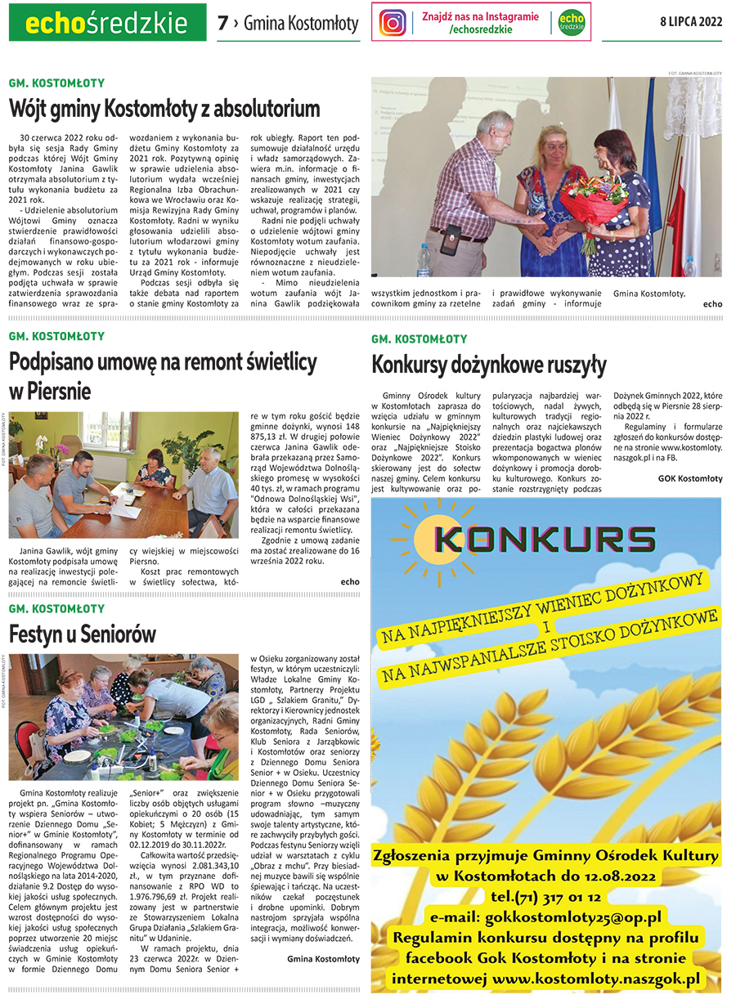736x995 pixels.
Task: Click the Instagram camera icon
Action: point(393,23)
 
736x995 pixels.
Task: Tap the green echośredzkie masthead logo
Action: point(107,22)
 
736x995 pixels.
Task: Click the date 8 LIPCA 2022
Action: point(691,23)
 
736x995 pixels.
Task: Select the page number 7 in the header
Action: point(222,24)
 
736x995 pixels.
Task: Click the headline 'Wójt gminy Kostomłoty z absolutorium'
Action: point(164,108)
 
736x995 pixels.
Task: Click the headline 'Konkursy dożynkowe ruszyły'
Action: point(489,364)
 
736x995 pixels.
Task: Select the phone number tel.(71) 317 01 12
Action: point(545,897)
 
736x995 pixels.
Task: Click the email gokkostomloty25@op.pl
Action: point(545,917)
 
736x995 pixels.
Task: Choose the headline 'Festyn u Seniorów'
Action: point(83,634)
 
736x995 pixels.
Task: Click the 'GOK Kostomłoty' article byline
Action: point(690,478)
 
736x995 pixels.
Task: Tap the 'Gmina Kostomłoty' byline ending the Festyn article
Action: point(323,957)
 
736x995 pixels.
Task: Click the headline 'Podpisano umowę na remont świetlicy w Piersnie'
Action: point(163,375)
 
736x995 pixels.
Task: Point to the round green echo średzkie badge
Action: point(572,23)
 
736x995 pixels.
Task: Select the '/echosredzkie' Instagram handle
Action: point(481,29)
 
